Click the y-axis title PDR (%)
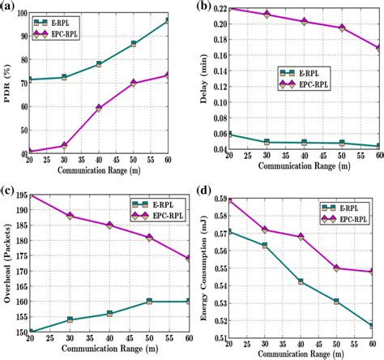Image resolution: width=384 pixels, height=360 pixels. (7, 81)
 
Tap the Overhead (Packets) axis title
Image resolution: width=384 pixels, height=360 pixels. (7, 264)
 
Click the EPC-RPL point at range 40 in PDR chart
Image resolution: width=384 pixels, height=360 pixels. (99, 108)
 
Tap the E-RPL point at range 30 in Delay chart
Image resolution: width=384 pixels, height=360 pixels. (267, 142)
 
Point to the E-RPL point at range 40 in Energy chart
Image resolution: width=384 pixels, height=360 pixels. (301, 281)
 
